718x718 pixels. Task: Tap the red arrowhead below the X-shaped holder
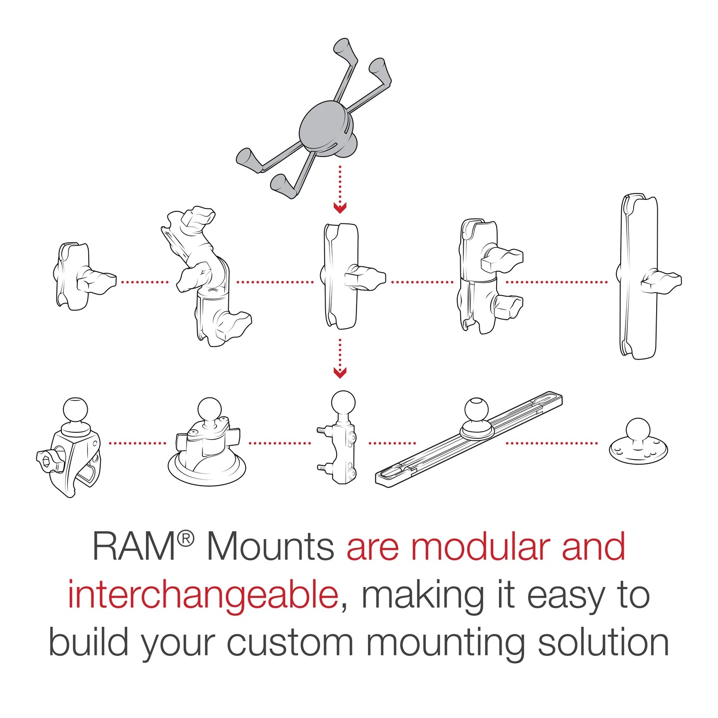(340, 207)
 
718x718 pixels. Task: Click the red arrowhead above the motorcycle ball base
(340, 372)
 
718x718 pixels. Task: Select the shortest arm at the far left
(75, 276)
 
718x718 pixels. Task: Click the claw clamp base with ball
(70, 449)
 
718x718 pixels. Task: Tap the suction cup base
(206, 449)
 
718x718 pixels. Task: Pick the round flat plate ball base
(638, 441)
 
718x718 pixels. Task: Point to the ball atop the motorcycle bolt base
(343, 403)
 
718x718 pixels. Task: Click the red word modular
(482, 547)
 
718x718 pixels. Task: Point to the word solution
(603, 643)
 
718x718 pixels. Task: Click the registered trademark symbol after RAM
(185, 538)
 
